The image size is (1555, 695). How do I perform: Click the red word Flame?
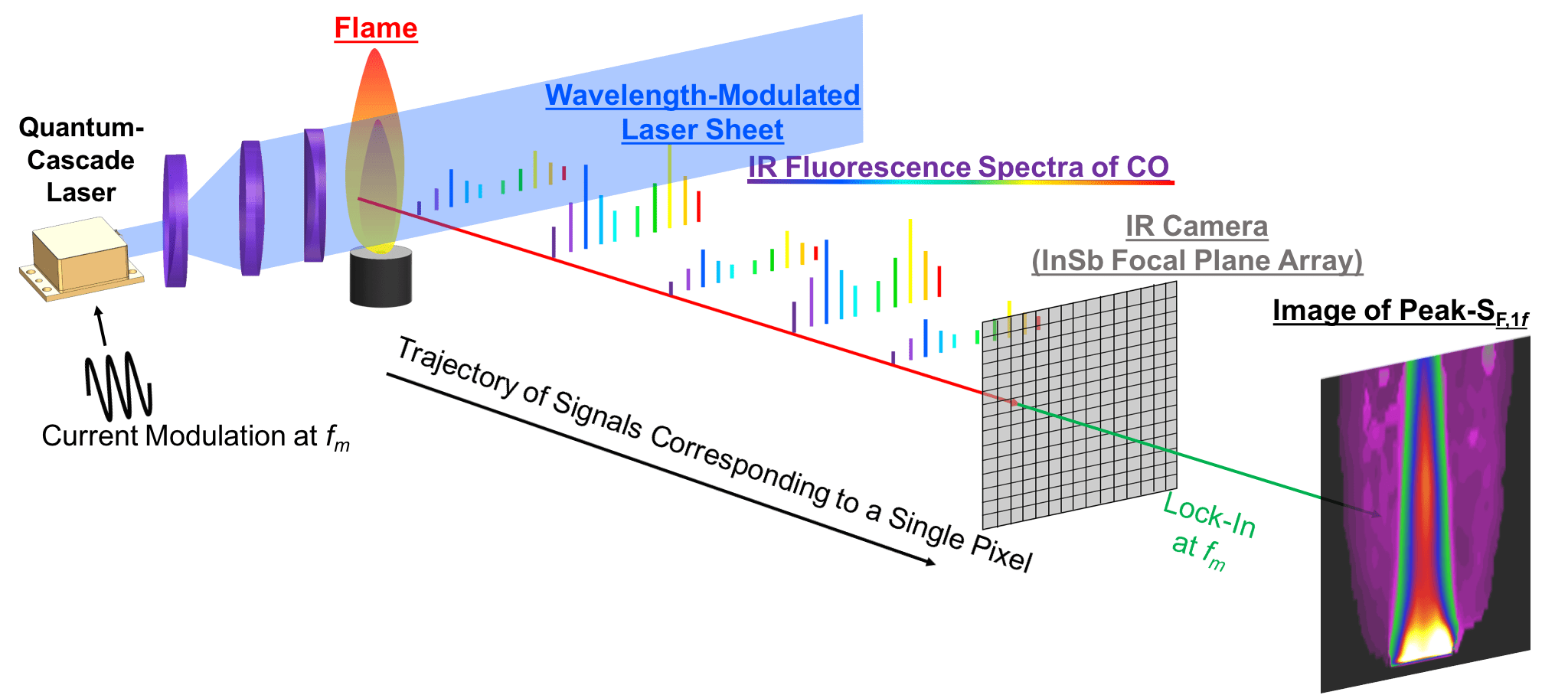376,28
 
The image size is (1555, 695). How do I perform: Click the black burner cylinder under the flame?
381,279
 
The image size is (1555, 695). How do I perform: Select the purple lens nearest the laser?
175,220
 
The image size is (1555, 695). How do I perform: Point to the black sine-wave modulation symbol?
119,386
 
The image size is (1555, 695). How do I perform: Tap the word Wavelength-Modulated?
702,96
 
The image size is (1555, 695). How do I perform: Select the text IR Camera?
1196,227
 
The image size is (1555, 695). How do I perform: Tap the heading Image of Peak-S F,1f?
1400,312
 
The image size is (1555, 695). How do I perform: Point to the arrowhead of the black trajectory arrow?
930,563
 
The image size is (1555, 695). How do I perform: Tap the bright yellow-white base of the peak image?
1425,643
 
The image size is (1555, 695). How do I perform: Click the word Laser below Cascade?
81,192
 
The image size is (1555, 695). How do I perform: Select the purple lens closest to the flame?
315,195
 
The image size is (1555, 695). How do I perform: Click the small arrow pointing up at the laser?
100,325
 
